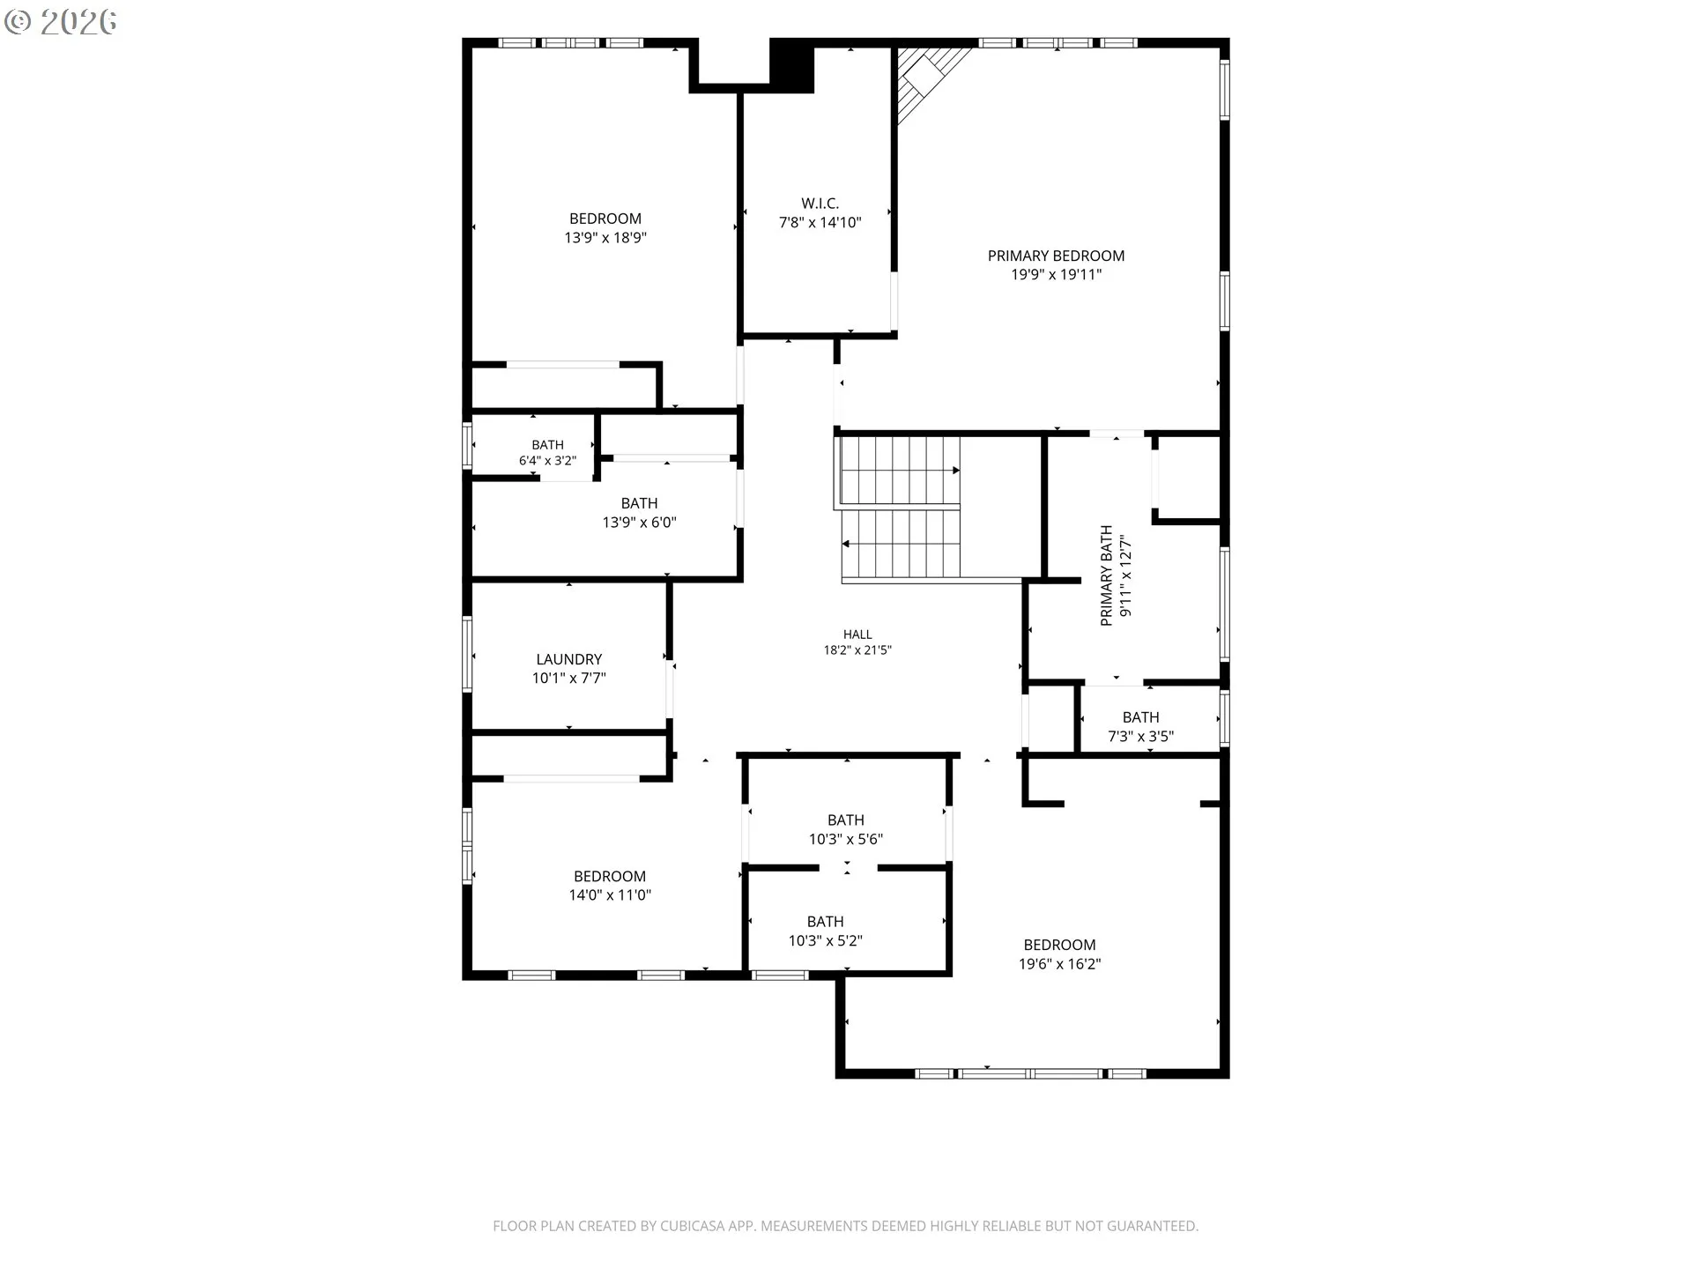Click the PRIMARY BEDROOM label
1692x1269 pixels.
pos(1056,256)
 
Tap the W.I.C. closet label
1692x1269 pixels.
pos(820,204)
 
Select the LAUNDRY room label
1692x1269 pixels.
pos(569,659)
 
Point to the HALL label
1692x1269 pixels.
pos(857,634)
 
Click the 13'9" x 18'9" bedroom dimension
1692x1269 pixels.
pos(605,238)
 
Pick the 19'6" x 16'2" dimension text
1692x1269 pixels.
pos(1060,964)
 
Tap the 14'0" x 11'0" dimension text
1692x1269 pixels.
pos(610,895)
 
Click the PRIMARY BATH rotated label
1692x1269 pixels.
pos(1107,575)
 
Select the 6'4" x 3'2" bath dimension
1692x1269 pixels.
pos(547,461)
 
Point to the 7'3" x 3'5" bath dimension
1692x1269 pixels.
pos(1141,737)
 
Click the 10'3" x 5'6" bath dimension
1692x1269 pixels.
pos(846,839)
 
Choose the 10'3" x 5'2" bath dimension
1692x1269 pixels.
pos(826,940)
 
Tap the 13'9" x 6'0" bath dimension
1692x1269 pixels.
pos(640,523)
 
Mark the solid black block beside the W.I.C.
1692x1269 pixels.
pos(791,64)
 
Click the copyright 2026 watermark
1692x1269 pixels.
pos(60,22)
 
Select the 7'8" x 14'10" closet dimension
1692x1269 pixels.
pos(820,223)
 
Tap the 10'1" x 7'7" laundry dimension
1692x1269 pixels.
pos(569,679)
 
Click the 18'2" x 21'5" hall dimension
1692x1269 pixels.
pos(857,650)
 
